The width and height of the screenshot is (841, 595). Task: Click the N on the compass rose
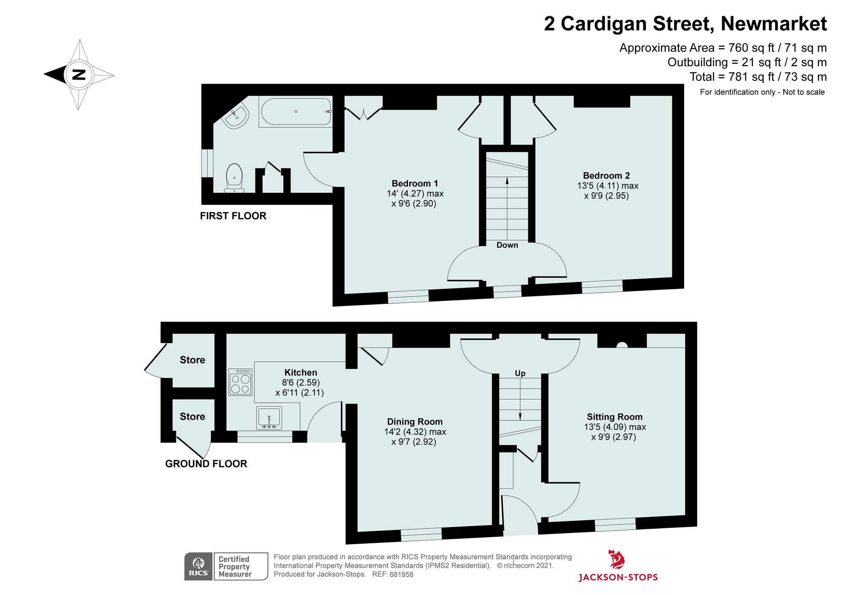(79, 75)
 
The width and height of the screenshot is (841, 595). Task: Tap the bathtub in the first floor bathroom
(296, 112)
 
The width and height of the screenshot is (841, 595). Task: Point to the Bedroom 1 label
(415, 183)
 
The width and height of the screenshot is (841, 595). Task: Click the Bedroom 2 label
(606, 176)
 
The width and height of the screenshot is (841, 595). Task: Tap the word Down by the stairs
(507, 245)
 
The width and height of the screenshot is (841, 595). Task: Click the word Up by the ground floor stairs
(520, 373)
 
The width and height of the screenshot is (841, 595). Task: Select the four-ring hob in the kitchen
(240, 382)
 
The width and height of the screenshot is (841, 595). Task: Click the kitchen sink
(269, 418)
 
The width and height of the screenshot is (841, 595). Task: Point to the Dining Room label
(415, 422)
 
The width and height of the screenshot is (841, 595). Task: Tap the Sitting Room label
(614, 417)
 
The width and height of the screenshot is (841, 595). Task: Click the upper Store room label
(192, 360)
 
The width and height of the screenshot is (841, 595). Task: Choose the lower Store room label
(192, 416)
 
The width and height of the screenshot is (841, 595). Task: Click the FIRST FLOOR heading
(233, 216)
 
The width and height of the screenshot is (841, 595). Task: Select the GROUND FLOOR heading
(206, 464)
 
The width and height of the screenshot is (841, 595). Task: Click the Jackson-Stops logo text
(618, 577)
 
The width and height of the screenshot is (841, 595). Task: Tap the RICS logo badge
(199, 566)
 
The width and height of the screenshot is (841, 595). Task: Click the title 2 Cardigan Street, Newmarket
(685, 24)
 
